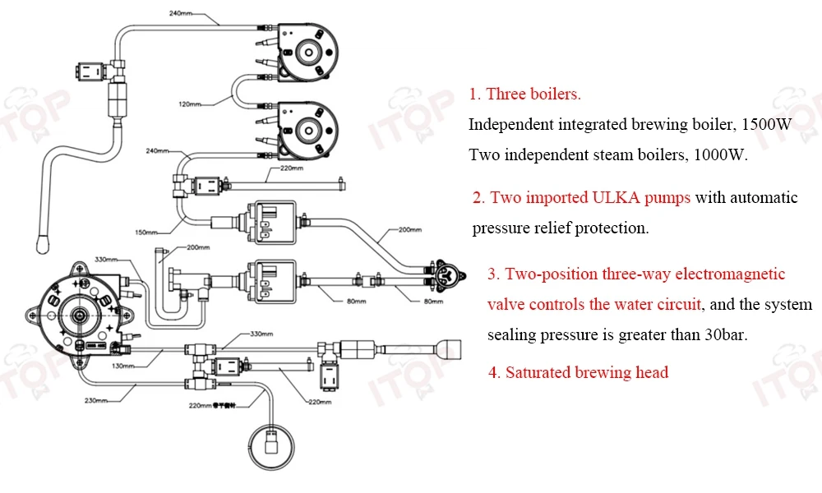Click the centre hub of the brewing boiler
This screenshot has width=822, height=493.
click(80, 315)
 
